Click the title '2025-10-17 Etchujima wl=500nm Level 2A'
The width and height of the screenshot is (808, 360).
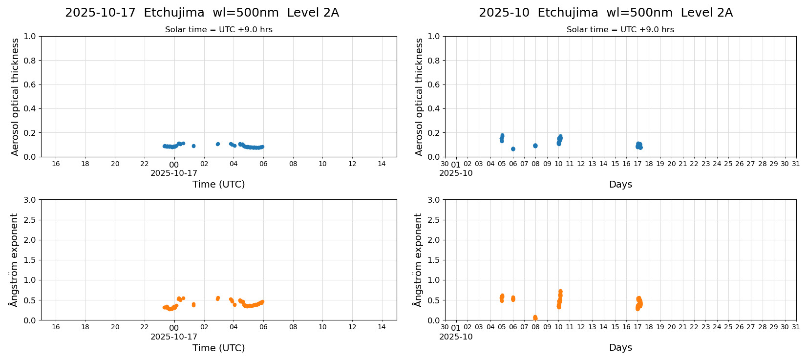202,13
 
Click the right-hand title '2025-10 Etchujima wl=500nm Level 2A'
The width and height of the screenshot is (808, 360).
605,13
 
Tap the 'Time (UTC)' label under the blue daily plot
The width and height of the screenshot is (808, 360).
218,184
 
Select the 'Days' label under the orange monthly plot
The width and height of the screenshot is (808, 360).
620,347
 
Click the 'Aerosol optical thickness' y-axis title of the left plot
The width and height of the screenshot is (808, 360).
15,97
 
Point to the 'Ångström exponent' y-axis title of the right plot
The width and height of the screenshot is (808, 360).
418,260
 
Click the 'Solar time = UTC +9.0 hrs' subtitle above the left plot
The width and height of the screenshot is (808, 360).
218,29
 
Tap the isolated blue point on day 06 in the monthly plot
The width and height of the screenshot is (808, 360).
513,149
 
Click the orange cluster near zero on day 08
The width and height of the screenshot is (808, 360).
535,318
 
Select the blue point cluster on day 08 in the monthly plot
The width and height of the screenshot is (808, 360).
535,146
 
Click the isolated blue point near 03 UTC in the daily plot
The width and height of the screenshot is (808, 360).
218,144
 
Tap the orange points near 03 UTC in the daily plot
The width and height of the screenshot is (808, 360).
218,298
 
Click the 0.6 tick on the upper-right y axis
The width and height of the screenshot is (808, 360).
434,85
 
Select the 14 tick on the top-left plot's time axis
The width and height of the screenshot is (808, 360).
382,164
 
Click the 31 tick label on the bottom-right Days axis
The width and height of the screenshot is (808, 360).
796,327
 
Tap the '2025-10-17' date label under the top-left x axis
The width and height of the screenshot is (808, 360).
174,173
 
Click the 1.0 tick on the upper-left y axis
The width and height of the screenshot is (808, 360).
30,36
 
